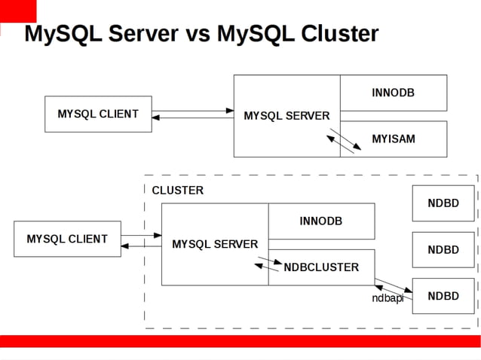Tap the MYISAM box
(x=394, y=139)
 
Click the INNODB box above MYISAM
(x=394, y=93)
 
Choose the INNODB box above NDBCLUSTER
(x=321, y=221)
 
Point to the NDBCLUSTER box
(x=321, y=267)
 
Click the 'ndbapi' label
(x=387, y=298)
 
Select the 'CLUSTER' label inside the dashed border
(x=177, y=191)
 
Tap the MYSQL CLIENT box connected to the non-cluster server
(x=98, y=114)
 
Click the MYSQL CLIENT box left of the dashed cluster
(x=67, y=239)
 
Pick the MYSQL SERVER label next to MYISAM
(x=286, y=116)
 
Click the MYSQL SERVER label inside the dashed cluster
(x=215, y=244)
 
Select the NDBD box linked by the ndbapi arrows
(x=443, y=296)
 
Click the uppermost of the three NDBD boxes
(x=443, y=203)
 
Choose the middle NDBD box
(x=443, y=250)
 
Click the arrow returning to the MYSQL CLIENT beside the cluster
(x=141, y=246)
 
